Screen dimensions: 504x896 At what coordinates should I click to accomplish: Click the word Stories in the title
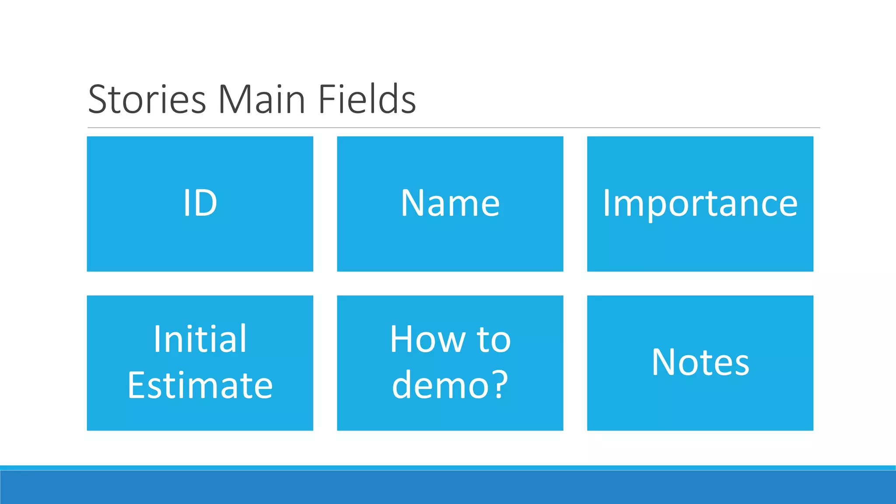tap(147, 99)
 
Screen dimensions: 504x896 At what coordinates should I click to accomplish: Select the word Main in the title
tap(261, 99)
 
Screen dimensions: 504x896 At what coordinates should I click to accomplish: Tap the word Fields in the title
tap(367, 99)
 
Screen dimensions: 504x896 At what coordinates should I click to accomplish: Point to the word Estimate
tap(200, 385)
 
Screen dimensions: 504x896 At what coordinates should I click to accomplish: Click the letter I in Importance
tap(607, 203)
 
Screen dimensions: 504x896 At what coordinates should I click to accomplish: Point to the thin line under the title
tap(453, 128)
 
